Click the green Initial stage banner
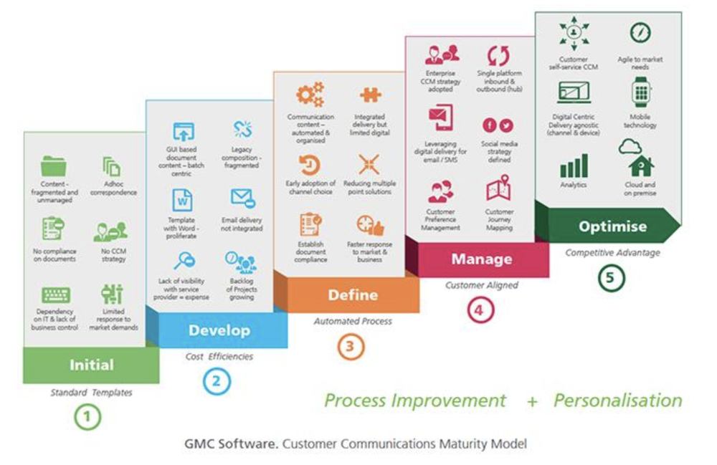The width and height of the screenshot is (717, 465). click(x=91, y=365)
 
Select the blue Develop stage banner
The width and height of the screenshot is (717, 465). click(x=219, y=330)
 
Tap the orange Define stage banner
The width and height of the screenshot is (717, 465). click(x=353, y=294)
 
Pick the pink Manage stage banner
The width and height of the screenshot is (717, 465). click(x=481, y=258)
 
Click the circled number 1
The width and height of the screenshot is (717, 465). click(x=87, y=417)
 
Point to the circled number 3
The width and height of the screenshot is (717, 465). click(x=351, y=347)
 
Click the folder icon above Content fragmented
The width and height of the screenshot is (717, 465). click(x=54, y=167)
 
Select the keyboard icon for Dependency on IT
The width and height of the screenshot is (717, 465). click(x=55, y=294)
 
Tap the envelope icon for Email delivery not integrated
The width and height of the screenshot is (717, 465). click(x=242, y=198)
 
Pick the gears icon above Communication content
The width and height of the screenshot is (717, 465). click(x=310, y=95)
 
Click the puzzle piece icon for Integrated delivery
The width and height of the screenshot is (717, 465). click(x=369, y=95)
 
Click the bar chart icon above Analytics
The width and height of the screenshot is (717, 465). click(x=574, y=166)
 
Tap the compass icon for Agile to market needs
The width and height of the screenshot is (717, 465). click(x=640, y=32)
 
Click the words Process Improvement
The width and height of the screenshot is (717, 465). click(x=415, y=400)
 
